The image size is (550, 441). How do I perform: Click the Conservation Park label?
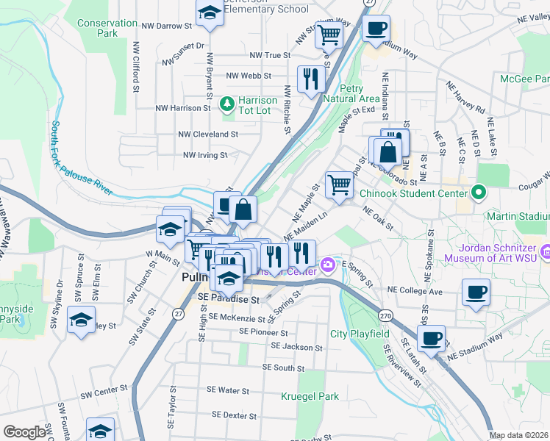pos(107,28)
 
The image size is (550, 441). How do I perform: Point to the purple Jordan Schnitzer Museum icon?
pos(545,252)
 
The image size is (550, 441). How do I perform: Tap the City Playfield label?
pos(360,334)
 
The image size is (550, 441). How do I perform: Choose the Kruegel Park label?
pos(310,396)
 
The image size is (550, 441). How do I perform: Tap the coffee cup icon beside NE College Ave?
pos(475,293)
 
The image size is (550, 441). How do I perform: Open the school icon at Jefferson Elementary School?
pos(210,12)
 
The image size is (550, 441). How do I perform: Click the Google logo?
pos(24,432)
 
